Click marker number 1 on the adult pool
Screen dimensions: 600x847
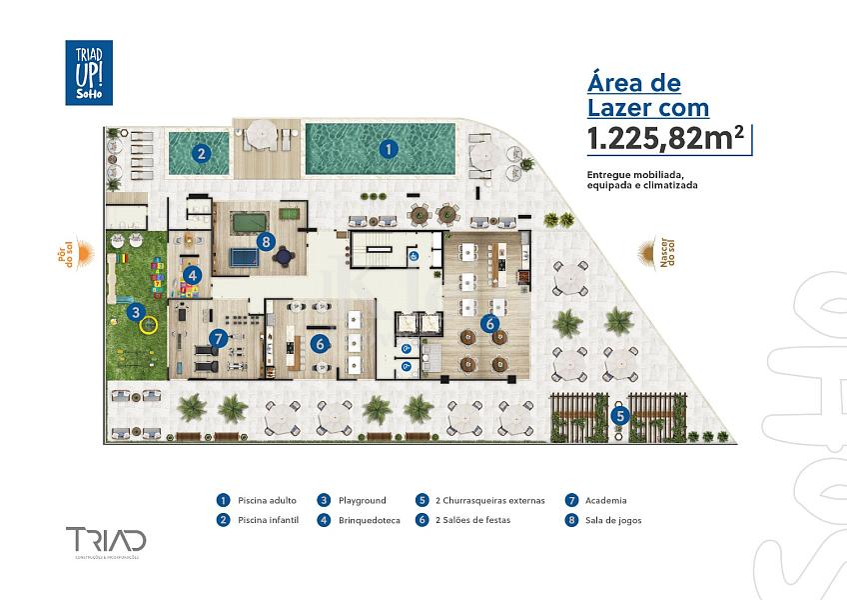point(389,148)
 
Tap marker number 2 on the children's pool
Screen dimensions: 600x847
point(201,153)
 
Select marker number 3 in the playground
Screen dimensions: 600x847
point(135,312)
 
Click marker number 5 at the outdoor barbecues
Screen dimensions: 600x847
point(619,415)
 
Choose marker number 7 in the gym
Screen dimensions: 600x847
point(219,339)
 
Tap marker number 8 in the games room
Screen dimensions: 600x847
point(265,240)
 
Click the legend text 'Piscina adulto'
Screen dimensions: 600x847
point(265,500)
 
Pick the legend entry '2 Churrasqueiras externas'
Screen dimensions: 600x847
point(490,500)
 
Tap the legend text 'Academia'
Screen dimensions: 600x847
point(607,500)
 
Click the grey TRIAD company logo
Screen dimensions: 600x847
point(105,541)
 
